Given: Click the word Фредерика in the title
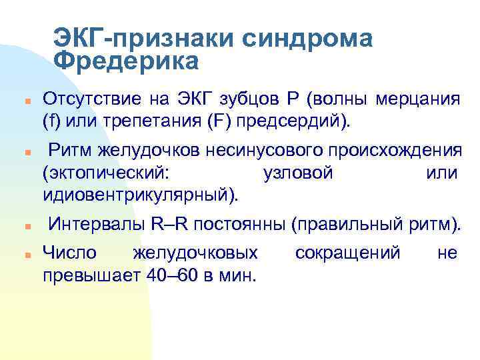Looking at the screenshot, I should point(126,62).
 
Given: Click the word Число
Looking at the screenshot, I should point(69,253).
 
